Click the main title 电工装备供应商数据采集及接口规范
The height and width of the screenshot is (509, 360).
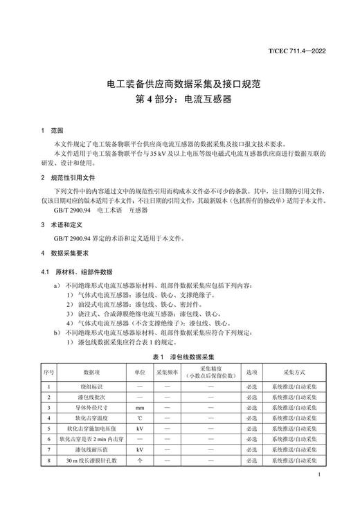[x=180, y=84]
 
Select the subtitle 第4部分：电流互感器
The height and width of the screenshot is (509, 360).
[x=180, y=99]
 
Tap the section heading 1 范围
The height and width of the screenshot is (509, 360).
[x=52, y=130]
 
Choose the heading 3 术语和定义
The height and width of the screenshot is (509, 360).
[x=62, y=225]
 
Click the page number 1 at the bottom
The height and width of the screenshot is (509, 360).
[x=317, y=475]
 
